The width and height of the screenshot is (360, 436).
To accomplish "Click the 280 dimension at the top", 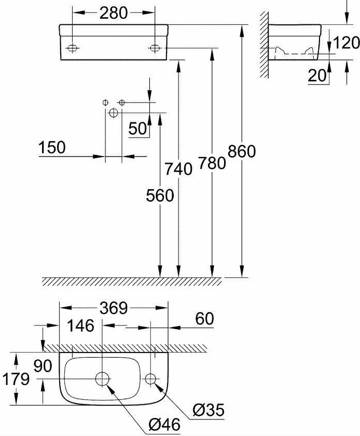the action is pos(114,13).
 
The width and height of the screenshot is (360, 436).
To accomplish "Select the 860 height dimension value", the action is pos(242,151).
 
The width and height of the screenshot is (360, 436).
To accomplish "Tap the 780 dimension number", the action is pos(212,163).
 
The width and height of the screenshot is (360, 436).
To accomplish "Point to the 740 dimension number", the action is pos(178,169).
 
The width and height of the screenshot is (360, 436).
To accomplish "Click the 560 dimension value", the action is pos(160,195).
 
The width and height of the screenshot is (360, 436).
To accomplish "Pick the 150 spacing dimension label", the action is pos(52,147).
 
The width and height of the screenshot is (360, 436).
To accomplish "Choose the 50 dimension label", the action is pos(137,129).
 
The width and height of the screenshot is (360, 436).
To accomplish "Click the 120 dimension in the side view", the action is pos(346,43).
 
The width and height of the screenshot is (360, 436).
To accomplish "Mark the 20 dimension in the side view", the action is pos(317,75).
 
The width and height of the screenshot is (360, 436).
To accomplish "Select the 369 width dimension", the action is pos(114,308).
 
